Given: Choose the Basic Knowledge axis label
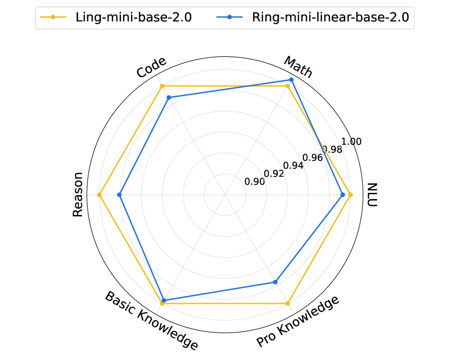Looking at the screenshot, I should (x=151, y=321).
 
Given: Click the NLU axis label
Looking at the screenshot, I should (x=372, y=195).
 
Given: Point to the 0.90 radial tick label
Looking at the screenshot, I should (x=254, y=182).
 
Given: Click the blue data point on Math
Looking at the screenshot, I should (x=291, y=80).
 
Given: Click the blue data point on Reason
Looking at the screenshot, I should (x=120, y=195).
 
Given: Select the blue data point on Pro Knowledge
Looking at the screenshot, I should (x=275, y=282).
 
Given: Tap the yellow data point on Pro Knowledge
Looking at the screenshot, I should (x=288, y=304).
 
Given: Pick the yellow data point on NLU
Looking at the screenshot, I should (x=350, y=195).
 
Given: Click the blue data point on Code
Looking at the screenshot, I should (x=169, y=98).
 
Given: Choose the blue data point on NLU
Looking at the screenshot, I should (x=343, y=195).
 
